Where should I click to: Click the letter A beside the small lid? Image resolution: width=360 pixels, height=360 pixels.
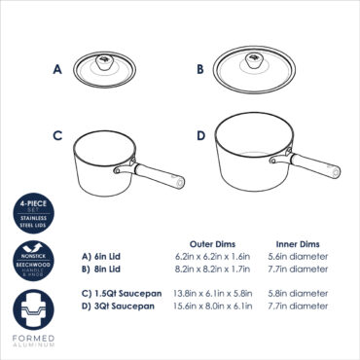tap(57, 70)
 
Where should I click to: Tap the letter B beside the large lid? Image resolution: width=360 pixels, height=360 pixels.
tap(199, 70)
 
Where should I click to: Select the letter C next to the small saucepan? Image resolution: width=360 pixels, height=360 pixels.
tap(57, 136)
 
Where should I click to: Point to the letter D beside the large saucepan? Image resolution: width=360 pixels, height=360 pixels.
tap(199, 136)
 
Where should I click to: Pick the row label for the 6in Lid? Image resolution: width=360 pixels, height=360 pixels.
tap(103, 256)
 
